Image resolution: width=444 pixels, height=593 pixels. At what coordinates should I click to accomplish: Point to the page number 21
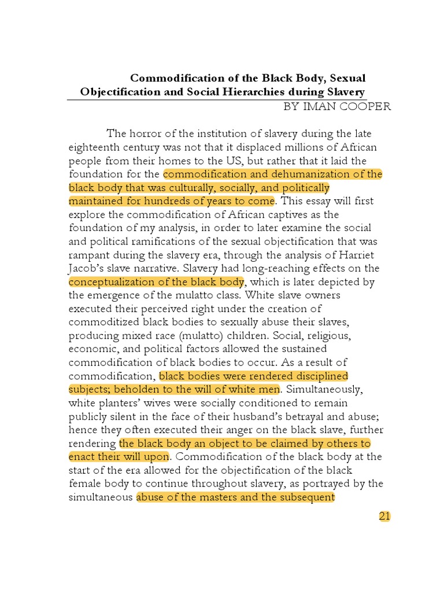click(x=385, y=517)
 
